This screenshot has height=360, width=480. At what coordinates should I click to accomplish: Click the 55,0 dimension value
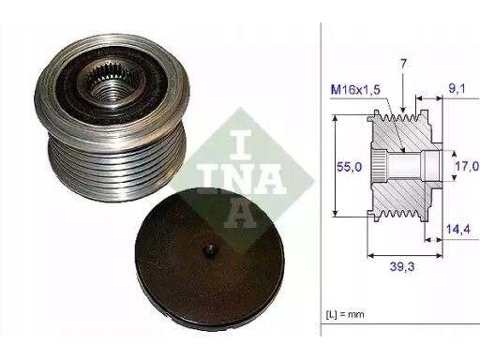[349, 167]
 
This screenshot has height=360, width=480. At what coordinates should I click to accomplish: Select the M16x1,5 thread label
[355, 90]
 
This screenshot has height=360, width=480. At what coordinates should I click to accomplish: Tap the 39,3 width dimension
[402, 266]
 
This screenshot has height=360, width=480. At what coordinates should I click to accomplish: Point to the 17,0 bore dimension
[467, 166]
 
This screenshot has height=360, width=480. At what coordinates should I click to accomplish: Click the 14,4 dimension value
[458, 230]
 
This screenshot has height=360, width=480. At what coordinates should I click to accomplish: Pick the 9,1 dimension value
[457, 88]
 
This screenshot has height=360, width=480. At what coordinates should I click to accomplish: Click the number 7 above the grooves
[403, 64]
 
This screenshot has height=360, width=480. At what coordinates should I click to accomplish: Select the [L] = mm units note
[345, 314]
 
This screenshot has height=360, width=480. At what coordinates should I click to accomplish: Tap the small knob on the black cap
[209, 250]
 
